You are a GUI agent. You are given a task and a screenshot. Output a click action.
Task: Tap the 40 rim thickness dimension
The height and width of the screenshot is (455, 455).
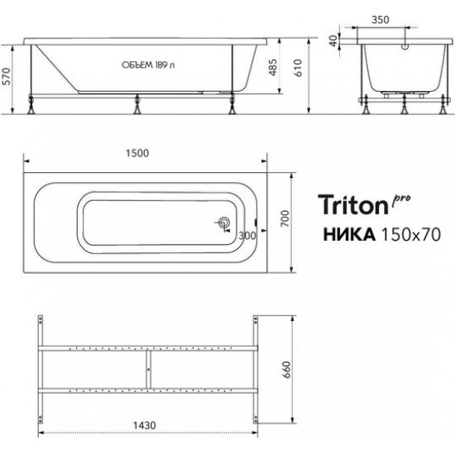[335, 41]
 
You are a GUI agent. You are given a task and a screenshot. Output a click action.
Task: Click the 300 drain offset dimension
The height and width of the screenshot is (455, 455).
[247, 235]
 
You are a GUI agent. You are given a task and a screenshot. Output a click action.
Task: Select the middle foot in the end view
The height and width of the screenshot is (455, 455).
[403, 106]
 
